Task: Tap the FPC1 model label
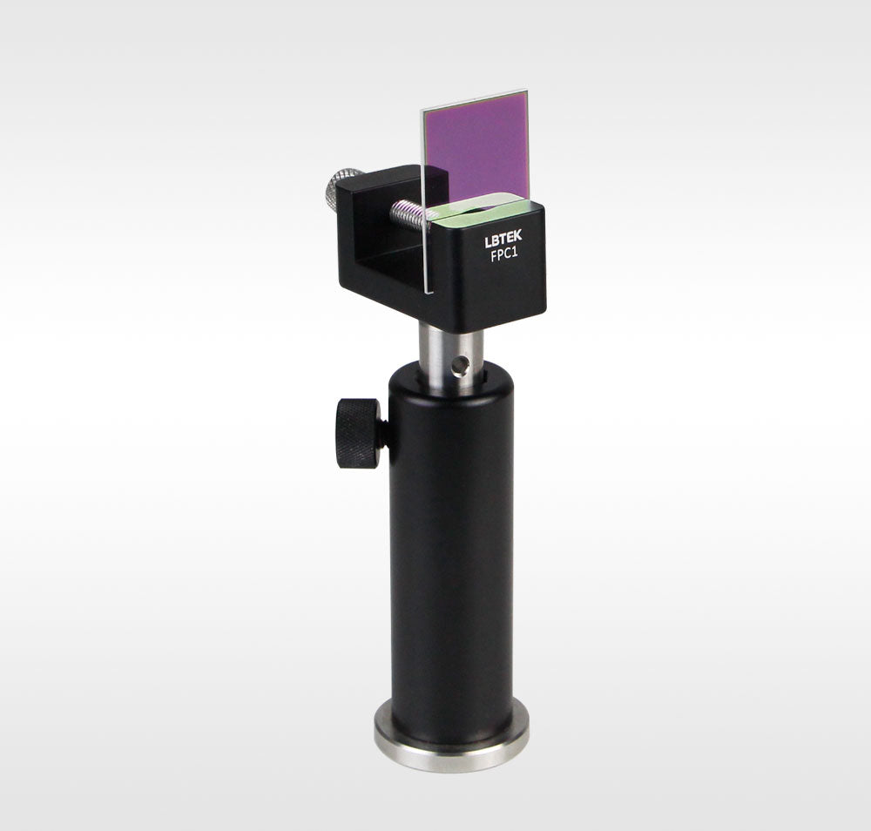tap(504, 256)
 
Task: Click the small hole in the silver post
tap(459, 365)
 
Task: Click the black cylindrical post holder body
tap(451, 550)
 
